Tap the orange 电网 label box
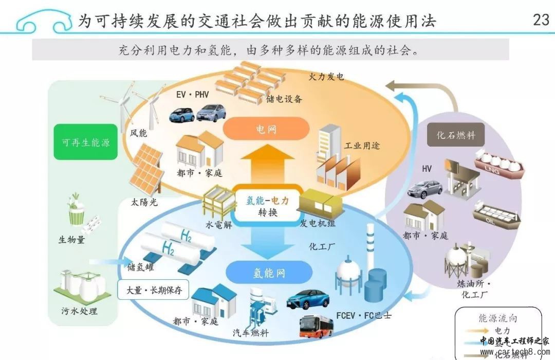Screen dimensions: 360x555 pos(267,129)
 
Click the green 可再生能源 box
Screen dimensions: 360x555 pos(82,142)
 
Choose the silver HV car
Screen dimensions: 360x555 pos(424,189)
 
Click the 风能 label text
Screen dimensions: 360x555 pos(138,133)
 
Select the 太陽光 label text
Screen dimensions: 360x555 pos(142,202)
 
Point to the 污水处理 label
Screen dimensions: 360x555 pos(79,311)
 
